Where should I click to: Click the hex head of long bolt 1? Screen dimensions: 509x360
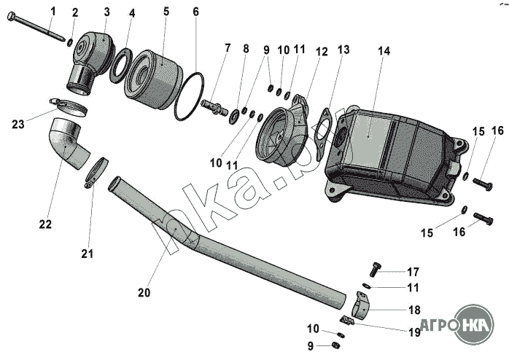[11, 15]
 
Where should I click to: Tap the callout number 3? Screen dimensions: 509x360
[106, 12]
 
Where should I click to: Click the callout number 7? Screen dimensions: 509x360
[228, 47]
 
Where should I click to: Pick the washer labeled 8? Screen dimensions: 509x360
[234, 116]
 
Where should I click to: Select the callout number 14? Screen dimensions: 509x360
[384, 51]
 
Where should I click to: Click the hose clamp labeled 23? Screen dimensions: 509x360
[69, 106]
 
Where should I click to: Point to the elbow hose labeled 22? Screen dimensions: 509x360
[70, 144]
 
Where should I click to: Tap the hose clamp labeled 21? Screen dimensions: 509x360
[96, 171]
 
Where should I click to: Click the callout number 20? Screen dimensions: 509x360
[144, 292]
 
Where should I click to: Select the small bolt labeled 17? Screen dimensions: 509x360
[375, 270]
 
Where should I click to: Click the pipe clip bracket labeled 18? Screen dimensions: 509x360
[361, 305]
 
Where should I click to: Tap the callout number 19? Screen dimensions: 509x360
[414, 332]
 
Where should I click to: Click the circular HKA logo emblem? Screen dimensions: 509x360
[474, 324]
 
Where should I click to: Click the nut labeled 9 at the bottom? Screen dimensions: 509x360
[336, 345]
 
